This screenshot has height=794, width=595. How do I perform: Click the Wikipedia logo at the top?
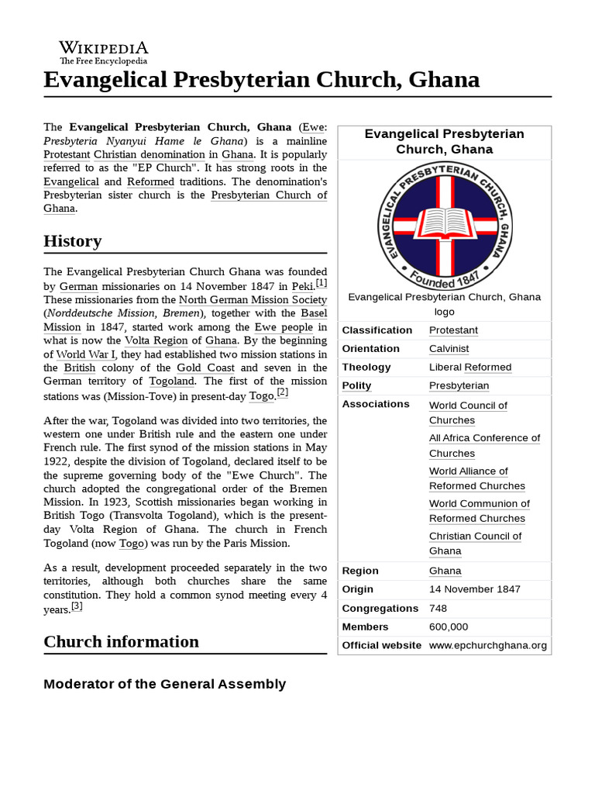coord(103,52)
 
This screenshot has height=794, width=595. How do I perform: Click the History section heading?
coord(73,241)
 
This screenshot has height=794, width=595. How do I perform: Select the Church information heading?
coord(121,642)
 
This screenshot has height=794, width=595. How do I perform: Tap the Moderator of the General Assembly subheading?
coord(164,684)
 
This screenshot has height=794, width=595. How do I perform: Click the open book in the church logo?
coord(445,222)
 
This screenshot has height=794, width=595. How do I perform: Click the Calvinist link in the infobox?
coord(449,349)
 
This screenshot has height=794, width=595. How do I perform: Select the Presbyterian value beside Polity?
coord(459,386)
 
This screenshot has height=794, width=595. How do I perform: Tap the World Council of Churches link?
coord(468,413)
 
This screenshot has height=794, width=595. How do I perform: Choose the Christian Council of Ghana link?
coord(475,544)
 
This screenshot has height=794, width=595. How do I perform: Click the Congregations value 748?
coord(439,609)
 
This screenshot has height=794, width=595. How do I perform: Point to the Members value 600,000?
coord(449,627)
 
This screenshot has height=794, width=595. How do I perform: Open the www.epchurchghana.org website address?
coord(487,645)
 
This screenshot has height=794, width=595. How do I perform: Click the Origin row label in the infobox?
coord(357,589)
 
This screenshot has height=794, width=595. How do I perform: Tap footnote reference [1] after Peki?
coord(322,283)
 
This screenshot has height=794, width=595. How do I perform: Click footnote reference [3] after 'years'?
coord(77,606)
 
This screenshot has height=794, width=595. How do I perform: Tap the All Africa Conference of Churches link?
coord(484,446)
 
